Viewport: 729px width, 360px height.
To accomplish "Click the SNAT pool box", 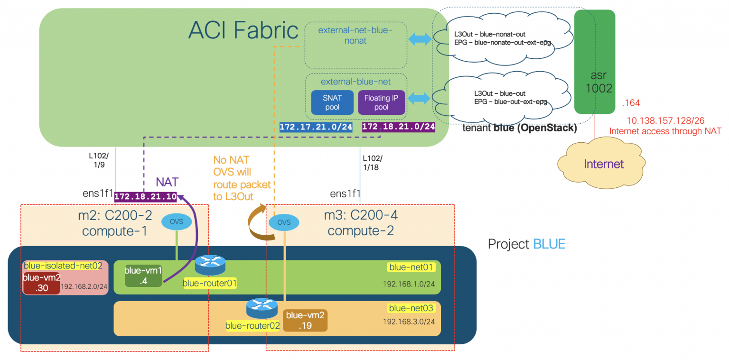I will [332, 102].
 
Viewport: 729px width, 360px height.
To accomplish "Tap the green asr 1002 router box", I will [594, 62].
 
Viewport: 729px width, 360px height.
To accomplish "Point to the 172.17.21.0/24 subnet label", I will [316, 127].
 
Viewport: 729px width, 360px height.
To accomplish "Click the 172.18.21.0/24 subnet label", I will [399, 127].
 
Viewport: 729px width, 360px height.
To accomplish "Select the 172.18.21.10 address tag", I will [145, 196].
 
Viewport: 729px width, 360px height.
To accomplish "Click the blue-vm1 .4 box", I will [143, 276].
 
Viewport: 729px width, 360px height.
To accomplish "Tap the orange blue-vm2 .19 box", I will [305, 321].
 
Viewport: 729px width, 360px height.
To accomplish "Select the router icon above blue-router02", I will [262, 309].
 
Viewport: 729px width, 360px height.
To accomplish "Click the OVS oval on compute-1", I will [177, 222].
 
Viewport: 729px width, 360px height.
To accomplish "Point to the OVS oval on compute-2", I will [284, 222].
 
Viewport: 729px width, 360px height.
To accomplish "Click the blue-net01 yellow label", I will [411, 267].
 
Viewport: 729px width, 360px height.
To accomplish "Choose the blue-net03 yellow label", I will [411, 308].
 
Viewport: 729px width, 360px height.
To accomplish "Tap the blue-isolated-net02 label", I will [63, 266].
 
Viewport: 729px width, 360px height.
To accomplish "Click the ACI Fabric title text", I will [243, 31].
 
